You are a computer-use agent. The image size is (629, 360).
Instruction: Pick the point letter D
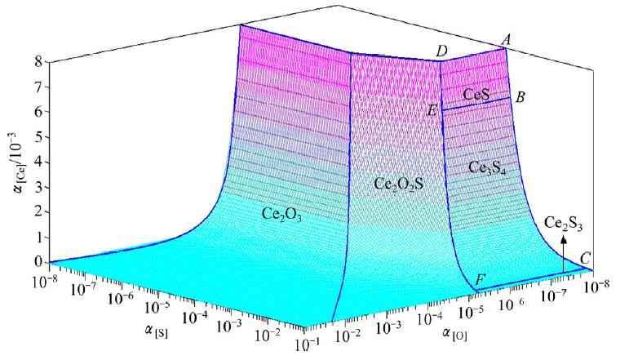click(441, 52)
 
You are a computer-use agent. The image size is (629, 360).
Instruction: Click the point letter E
click(432, 109)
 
